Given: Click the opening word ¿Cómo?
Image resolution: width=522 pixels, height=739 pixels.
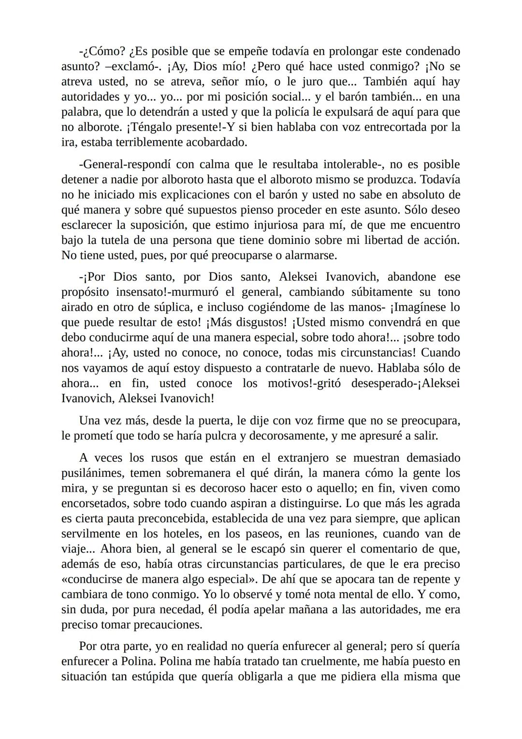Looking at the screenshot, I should tap(101, 51).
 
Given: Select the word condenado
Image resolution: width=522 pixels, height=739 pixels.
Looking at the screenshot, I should tap(433, 51).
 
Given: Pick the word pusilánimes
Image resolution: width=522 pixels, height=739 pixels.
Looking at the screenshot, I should tap(92, 473).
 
